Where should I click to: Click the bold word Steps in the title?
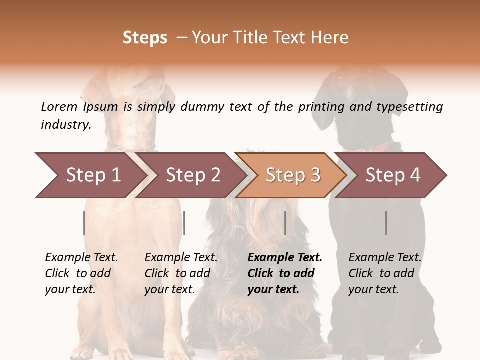click(145, 38)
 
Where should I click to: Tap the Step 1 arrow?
click(90, 175)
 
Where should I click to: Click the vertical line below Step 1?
click(84, 223)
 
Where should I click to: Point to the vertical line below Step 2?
click(184, 223)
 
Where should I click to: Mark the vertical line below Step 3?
click(285, 223)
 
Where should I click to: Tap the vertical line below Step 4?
click(386, 223)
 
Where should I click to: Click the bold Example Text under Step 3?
click(285, 258)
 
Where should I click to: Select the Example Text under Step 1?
click(81, 258)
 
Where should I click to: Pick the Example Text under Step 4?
click(385, 258)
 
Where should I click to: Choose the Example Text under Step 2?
click(181, 258)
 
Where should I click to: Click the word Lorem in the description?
click(59, 107)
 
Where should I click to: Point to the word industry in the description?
click(66, 124)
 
